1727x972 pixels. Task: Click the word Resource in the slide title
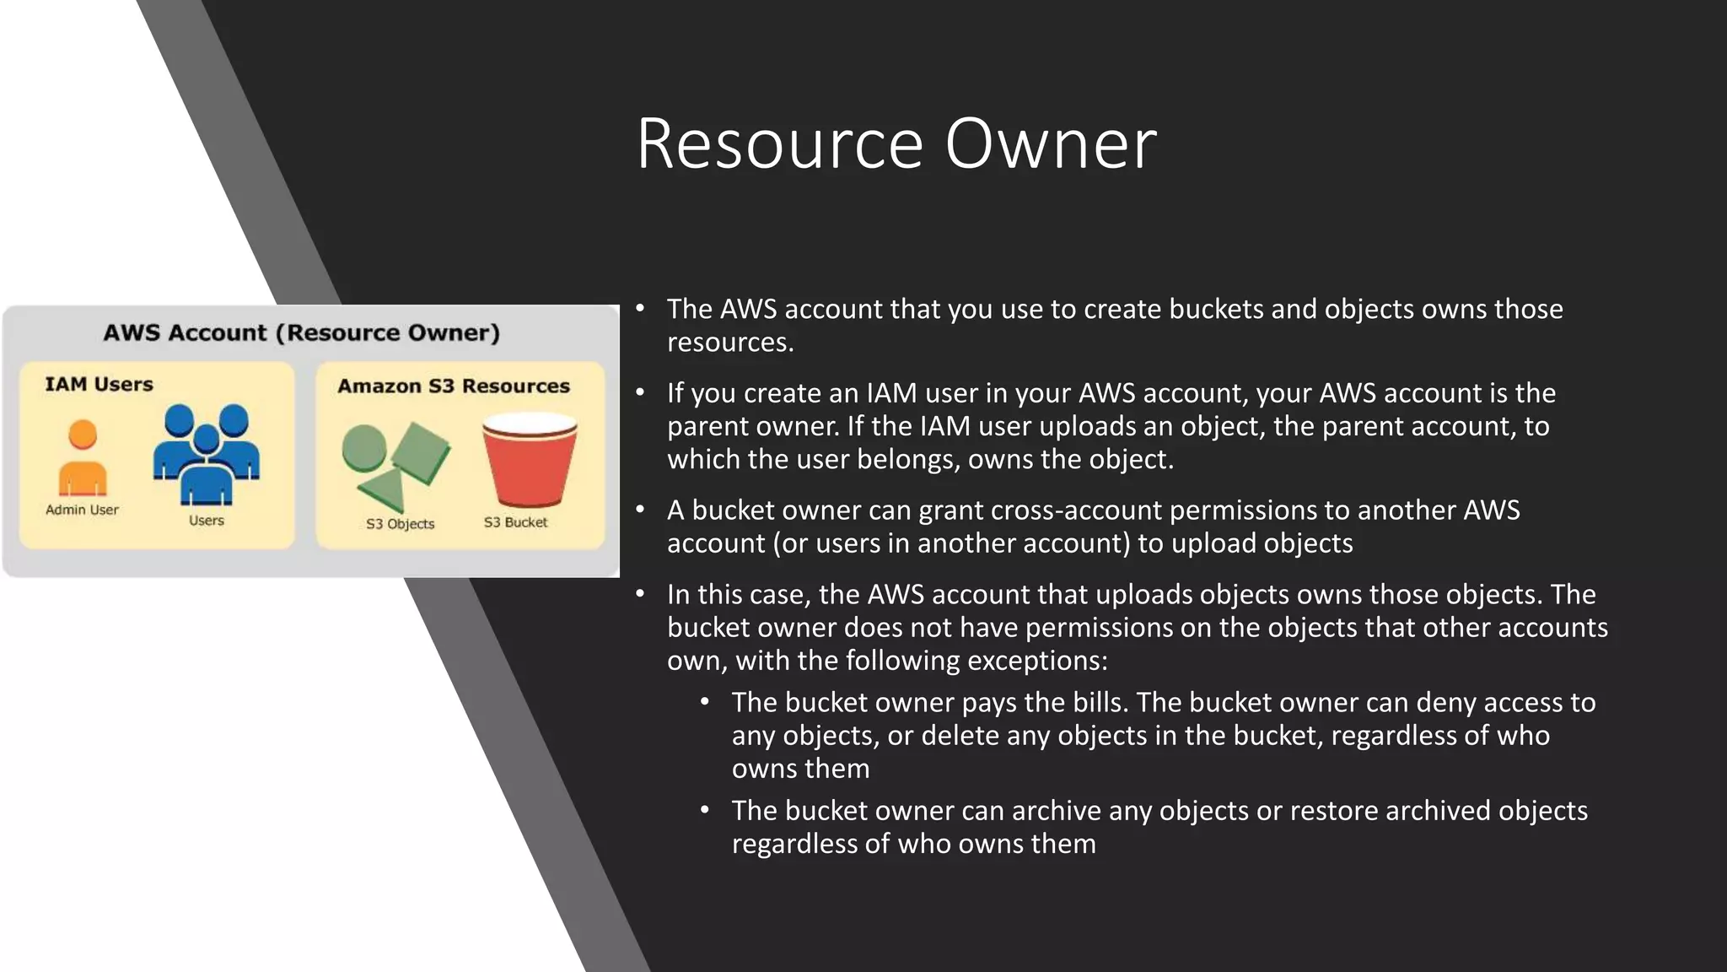(780, 145)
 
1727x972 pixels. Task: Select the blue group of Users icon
(207, 453)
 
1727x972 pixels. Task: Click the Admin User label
(82, 510)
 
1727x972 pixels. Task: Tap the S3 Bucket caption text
(515, 522)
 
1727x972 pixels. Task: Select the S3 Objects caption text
(400, 524)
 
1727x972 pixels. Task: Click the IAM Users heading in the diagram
(99, 385)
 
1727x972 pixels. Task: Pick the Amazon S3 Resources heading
(454, 386)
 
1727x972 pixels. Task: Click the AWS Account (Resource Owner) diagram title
(301, 332)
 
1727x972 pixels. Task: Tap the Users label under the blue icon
(207, 521)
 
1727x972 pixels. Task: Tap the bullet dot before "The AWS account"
(641, 308)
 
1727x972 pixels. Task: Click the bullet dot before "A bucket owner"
(641, 510)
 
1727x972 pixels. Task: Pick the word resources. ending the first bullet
(730, 343)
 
